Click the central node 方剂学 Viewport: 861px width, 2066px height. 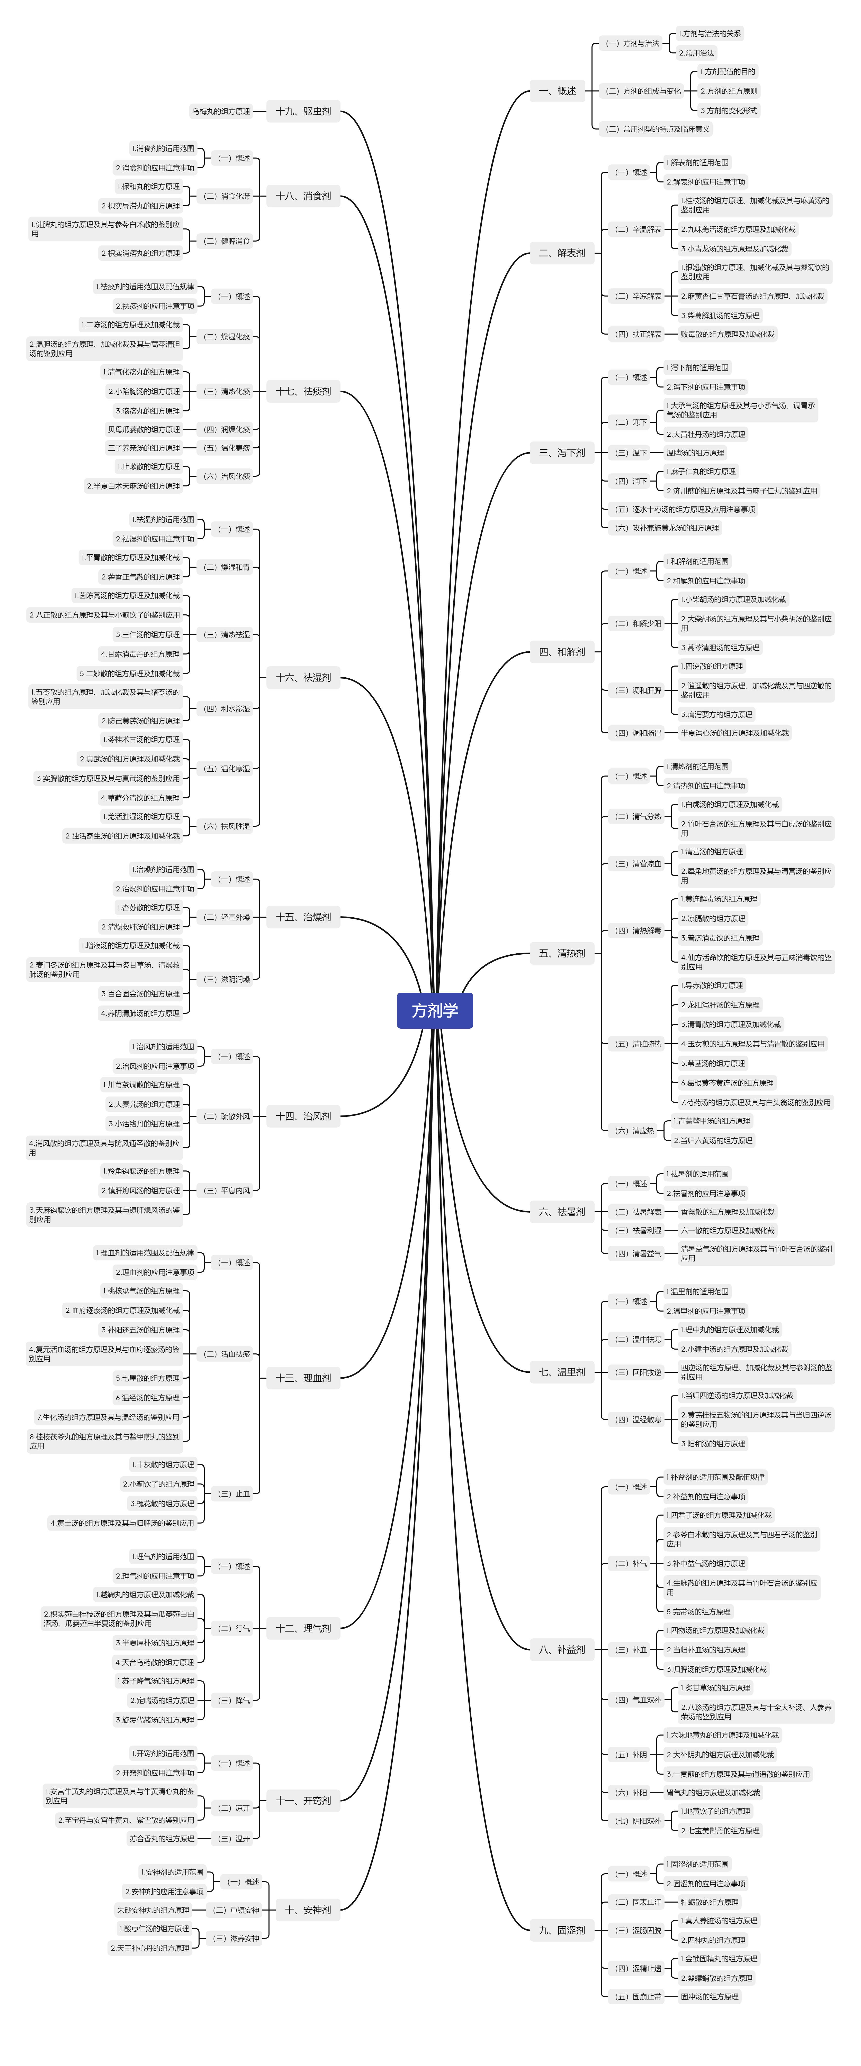click(x=434, y=1010)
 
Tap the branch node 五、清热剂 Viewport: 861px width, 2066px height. click(x=562, y=953)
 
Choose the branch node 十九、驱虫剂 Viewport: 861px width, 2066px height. click(x=303, y=111)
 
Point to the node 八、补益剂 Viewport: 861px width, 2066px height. click(x=562, y=1650)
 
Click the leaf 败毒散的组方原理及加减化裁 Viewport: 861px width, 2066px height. click(x=727, y=334)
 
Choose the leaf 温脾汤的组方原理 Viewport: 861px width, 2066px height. click(x=695, y=452)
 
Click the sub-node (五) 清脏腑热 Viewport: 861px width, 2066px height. click(x=638, y=1044)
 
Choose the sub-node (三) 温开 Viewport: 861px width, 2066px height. click(x=234, y=1838)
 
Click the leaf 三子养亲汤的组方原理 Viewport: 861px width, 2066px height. click(x=145, y=448)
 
